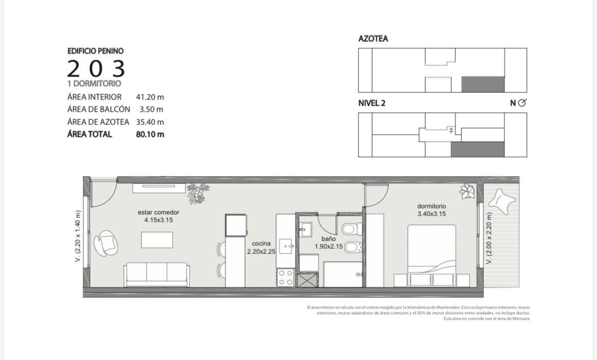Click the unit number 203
(96, 68)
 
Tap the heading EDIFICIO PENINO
(95, 51)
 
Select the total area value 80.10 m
(150, 134)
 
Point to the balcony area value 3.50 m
(151, 110)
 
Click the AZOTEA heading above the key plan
(373, 39)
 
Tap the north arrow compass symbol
(522, 102)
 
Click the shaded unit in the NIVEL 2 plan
(478, 149)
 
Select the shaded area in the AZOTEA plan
(483, 85)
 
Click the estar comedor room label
(158, 212)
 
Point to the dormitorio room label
(431, 206)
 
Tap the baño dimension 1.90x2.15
(329, 247)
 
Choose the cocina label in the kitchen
(261, 244)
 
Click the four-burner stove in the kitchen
(285, 277)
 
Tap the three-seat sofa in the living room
(157, 274)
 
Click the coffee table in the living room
(157, 240)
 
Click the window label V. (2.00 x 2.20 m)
(489, 238)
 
